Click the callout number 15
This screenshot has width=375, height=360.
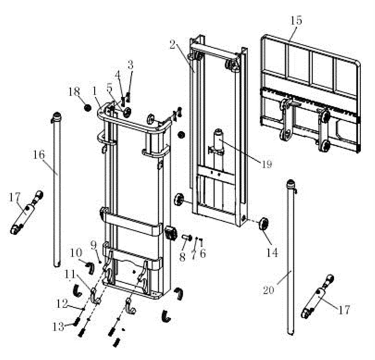coord(297,20)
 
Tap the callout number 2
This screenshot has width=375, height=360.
coord(172,45)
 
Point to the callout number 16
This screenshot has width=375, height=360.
coord(38,155)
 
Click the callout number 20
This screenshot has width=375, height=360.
coord(269,289)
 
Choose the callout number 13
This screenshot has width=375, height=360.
coord(58,327)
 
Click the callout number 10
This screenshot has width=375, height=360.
coord(76,252)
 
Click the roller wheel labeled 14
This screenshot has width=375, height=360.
coord(262,223)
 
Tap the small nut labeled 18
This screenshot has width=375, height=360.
coord(87,107)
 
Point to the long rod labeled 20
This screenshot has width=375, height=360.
coord(291,258)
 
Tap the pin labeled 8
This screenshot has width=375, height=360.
coord(186,237)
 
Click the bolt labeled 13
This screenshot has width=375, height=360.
coord(76,322)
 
